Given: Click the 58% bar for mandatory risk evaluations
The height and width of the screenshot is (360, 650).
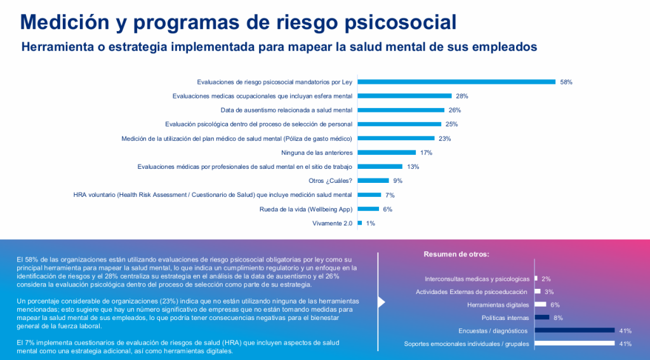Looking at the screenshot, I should click(457, 82).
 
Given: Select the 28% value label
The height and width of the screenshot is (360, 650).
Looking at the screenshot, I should click(461, 96).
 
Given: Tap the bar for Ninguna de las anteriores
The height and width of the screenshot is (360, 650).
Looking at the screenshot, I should click(387, 152).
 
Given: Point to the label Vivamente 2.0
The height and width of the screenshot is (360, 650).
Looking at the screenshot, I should click(333, 223).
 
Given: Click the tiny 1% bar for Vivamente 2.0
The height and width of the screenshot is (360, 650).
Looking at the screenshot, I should click(360, 223).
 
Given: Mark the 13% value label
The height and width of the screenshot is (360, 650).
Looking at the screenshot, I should click(413, 166).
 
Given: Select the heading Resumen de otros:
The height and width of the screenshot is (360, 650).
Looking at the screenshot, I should click(456, 254).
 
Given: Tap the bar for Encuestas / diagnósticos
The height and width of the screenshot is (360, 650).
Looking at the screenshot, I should click(574, 330).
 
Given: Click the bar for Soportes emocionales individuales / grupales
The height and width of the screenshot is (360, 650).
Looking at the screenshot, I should click(574, 343).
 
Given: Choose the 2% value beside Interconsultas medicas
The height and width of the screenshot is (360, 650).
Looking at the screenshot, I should click(546, 279).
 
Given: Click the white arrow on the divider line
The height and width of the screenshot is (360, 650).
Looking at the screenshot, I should click(381, 302).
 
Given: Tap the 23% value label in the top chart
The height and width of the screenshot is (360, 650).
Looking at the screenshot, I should click(444, 138).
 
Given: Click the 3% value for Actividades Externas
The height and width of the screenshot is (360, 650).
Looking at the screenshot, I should click(549, 291).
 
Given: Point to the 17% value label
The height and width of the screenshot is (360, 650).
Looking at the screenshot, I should click(426, 152).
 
